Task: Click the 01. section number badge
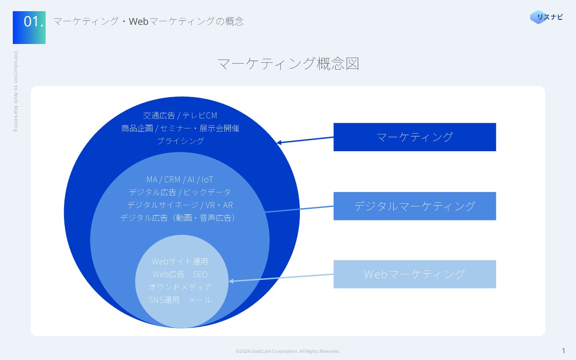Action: pyautogui.click(x=29, y=27)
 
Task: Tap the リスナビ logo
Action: pyautogui.click(x=546, y=17)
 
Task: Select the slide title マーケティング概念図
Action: pyautogui.click(x=288, y=64)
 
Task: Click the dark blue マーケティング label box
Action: pyautogui.click(x=414, y=137)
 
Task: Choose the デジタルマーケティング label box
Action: pyautogui.click(x=414, y=206)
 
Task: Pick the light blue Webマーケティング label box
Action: pyautogui.click(x=414, y=274)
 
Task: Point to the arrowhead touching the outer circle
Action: pyautogui.click(x=279, y=142)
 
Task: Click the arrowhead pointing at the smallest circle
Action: pyautogui.click(x=231, y=281)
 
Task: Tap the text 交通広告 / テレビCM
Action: pyautogui.click(x=180, y=116)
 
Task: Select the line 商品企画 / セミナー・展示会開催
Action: pyautogui.click(x=180, y=128)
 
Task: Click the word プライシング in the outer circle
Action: pyautogui.click(x=180, y=141)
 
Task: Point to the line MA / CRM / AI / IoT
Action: pyautogui.click(x=180, y=180)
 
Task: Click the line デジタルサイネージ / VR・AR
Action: pyautogui.click(x=180, y=205)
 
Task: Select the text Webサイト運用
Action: pyautogui.click(x=180, y=262)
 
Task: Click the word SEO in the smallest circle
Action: pyautogui.click(x=200, y=274)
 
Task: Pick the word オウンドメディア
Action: pyautogui.click(x=180, y=287)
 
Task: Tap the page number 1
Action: pyautogui.click(x=563, y=351)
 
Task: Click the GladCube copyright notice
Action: pyautogui.click(x=288, y=351)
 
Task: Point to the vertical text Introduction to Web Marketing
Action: pyautogui.click(x=16, y=91)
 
